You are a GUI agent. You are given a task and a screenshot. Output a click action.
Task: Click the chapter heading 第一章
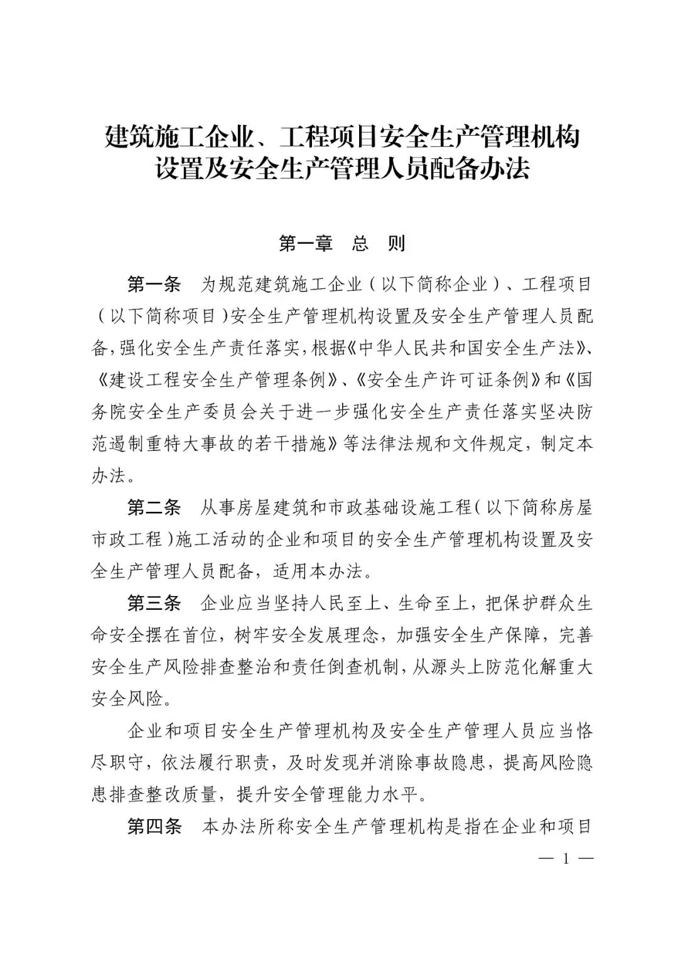(305, 244)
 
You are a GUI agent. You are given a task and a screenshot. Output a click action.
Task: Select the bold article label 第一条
(154, 284)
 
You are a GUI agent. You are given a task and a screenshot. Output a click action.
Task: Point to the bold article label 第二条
(154, 507)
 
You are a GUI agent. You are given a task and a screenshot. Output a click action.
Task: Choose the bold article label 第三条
(154, 604)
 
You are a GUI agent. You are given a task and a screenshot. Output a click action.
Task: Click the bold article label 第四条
(154, 827)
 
